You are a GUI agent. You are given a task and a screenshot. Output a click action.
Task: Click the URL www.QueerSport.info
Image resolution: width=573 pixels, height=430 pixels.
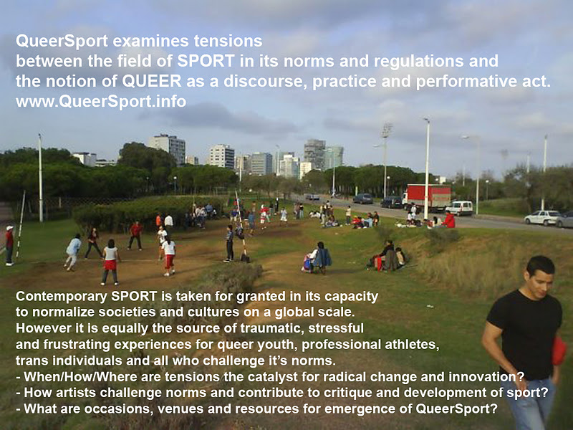click(x=101, y=101)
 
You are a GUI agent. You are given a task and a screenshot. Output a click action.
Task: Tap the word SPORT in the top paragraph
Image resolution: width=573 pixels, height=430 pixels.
click(x=206, y=61)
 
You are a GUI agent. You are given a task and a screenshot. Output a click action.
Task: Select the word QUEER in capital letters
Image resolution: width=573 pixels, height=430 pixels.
click(x=152, y=81)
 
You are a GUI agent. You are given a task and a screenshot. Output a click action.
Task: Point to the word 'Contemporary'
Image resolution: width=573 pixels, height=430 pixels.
click(x=62, y=297)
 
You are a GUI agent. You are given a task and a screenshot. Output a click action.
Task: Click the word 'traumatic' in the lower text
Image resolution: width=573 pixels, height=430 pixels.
click(x=271, y=328)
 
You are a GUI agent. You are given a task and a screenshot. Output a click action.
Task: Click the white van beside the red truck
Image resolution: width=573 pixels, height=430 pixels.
click(x=459, y=208)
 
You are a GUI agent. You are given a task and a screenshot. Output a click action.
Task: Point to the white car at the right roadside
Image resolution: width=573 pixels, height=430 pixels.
click(x=543, y=218)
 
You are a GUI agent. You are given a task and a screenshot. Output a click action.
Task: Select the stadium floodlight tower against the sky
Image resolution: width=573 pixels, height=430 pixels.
click(x=385, y=161)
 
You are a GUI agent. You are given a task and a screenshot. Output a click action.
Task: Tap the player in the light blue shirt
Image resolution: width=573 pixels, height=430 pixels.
click(x=72, y=252)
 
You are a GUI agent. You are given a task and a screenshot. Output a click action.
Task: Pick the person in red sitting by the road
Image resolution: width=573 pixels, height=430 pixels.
click(x=449, y=219)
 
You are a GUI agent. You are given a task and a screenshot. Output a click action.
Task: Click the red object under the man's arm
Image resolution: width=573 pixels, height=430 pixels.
click(x=559, y=350)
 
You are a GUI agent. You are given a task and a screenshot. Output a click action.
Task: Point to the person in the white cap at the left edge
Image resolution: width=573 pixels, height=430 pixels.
click(x=9, y=245)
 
